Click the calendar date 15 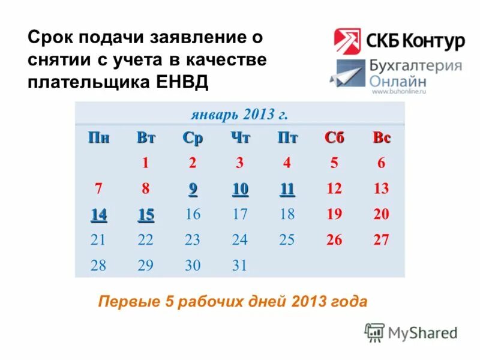[x=146, y=214]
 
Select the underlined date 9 [x=193, y=189]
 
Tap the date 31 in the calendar [x=240, y=265]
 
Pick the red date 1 [x=145, y=163]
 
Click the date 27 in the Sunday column [x=382, y=240]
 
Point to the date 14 [x=98, y=214]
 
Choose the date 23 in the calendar [x=193, y=240]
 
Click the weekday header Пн [x=99, y=138]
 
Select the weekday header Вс [x=382, y=138]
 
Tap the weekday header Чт [x=240, y=138]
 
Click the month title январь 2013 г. [x=240, y=114]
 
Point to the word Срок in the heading [x=50, y=39]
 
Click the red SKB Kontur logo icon [x=347, y=41]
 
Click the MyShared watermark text [x=422, y=332]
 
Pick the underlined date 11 [x=287, y=189]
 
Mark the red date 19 [x=334, y=214]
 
